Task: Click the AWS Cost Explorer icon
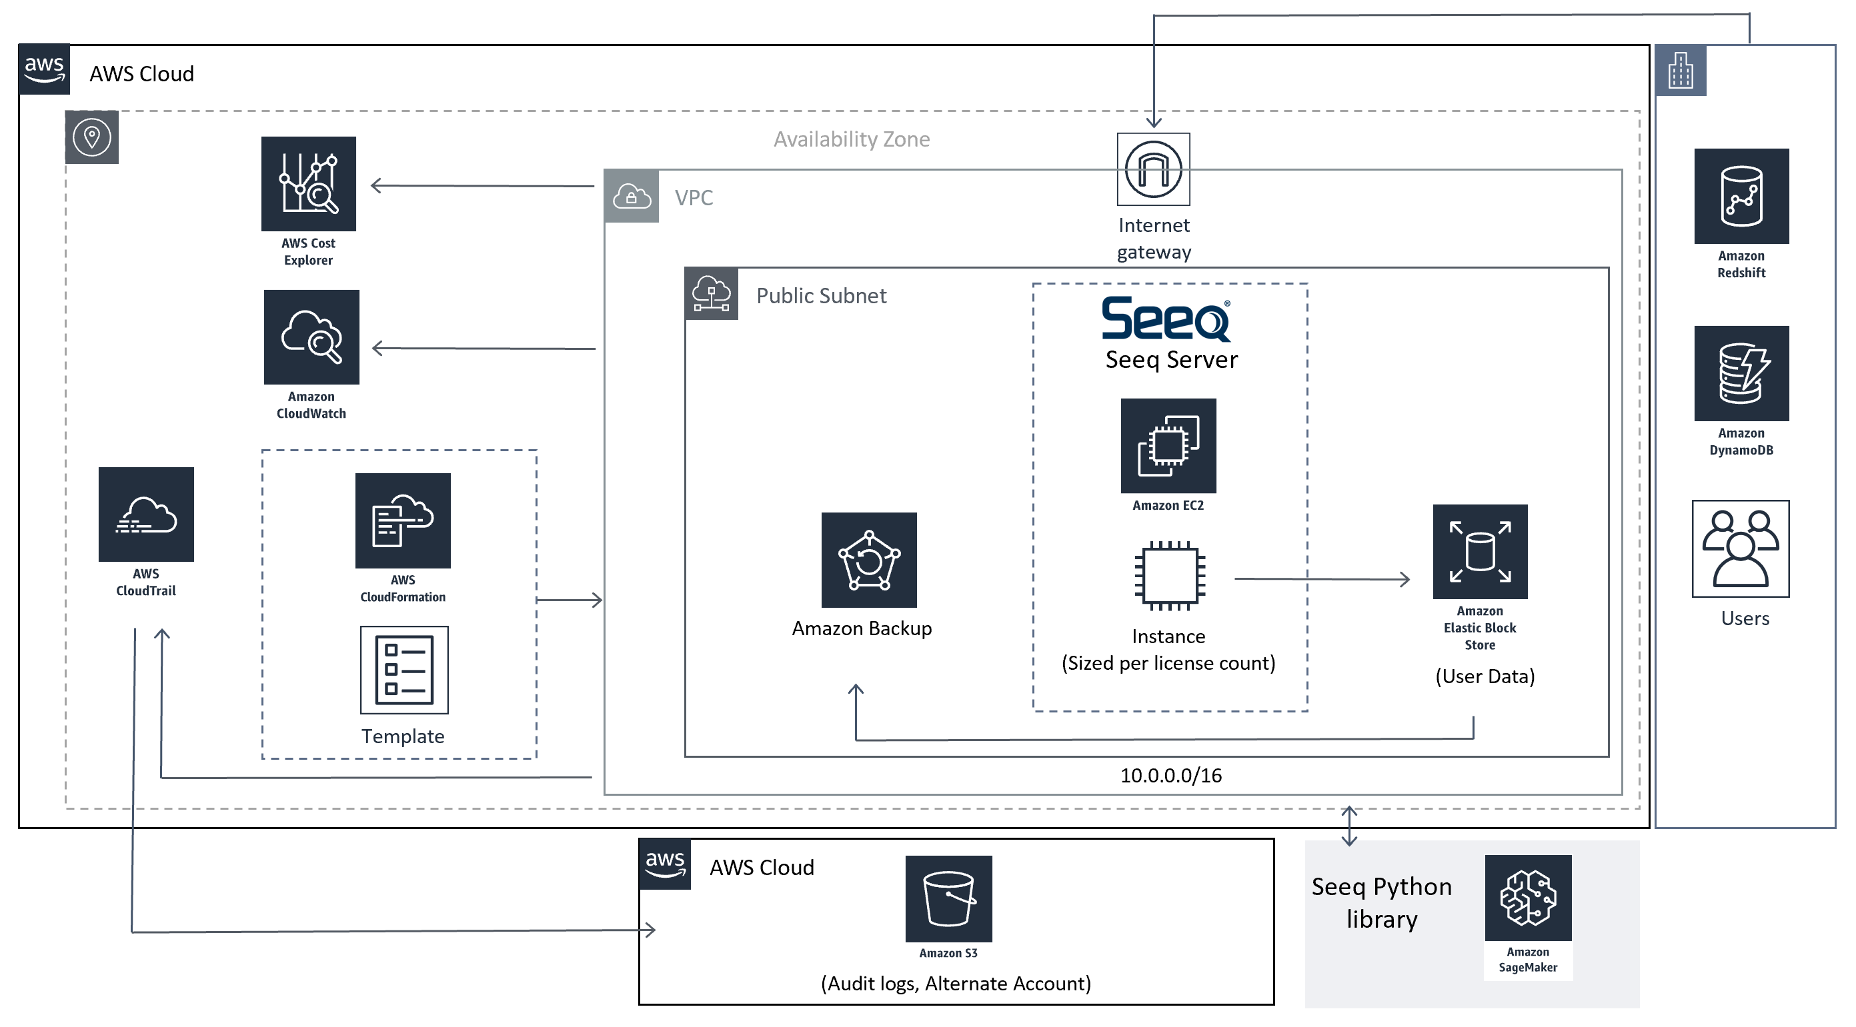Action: tap(308, 184)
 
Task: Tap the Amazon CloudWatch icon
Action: tap(311, 337)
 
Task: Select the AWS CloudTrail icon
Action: tap(146, 514)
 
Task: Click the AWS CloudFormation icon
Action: tap(403, 520)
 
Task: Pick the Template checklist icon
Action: tap(404, 670)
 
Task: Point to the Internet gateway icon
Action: tap(1154, 169)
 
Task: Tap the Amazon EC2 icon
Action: tap(1168, 446)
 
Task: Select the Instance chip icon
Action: tap(1169, 576)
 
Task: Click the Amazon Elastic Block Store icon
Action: tap(1480, 552)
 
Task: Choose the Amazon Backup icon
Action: tap(869, 560)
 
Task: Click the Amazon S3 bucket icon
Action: tap(948, 899)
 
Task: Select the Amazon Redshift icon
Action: tap(1741, 196)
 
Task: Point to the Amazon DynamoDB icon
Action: tap(1741, 373)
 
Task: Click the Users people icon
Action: tap(1741, 548)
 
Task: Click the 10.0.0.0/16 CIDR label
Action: tap(1171, 776)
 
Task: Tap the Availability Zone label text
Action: tap(852, 139)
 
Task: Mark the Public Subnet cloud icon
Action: tap(711, 294)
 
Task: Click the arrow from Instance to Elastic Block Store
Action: tap(1322, 578)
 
